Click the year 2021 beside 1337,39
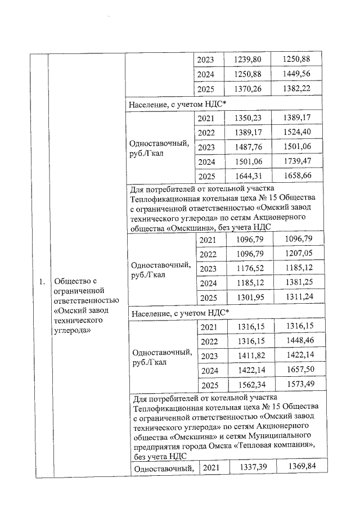210,467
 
